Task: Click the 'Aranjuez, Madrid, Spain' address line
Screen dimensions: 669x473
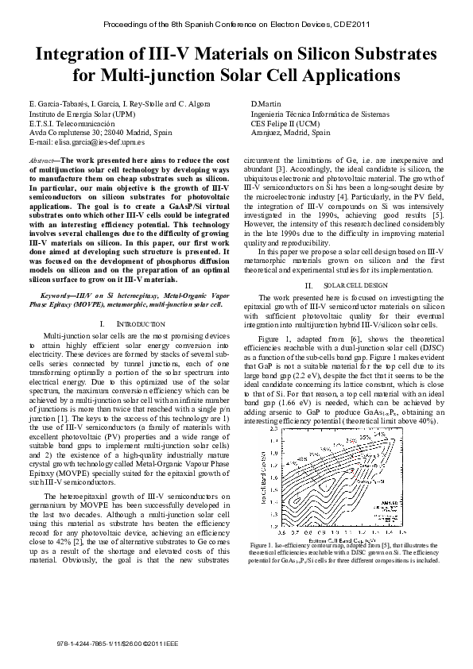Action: point(285,132)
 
